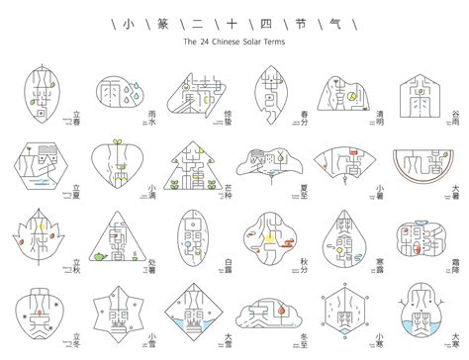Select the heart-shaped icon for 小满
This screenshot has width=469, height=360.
coord(120,168)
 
